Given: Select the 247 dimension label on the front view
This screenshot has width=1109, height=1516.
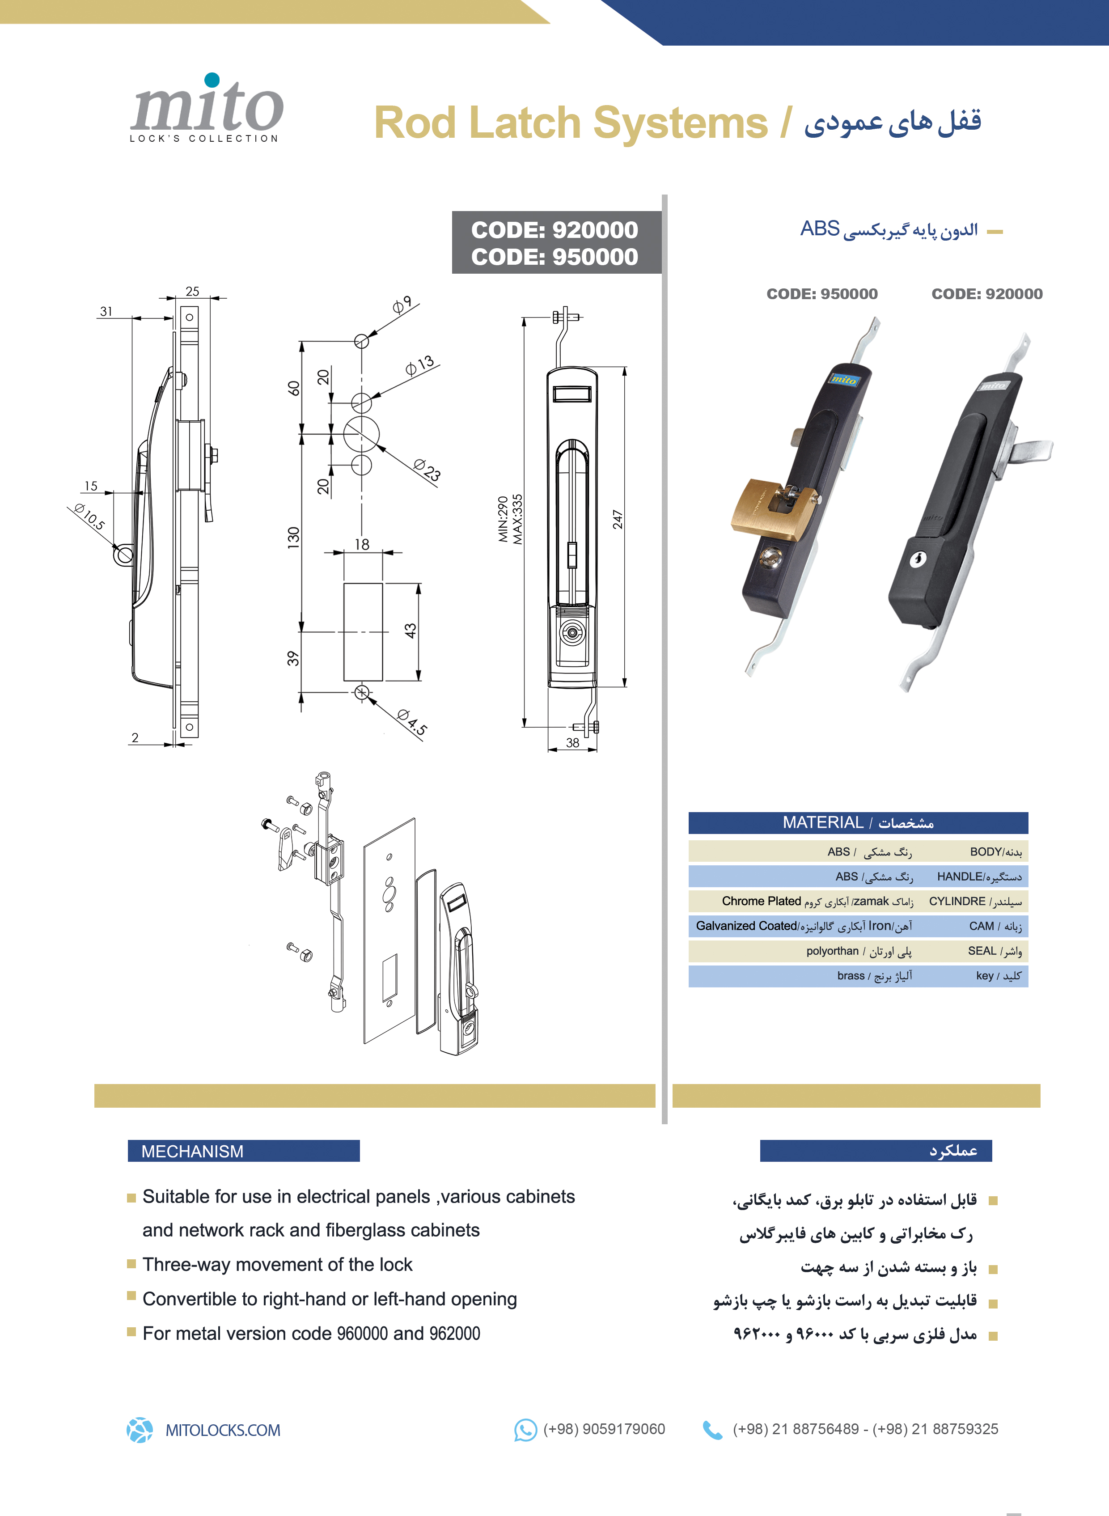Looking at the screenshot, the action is point(617,520).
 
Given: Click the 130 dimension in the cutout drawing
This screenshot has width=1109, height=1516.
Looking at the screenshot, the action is point(293,538).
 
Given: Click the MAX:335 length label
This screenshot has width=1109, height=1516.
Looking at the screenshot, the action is point(517,519).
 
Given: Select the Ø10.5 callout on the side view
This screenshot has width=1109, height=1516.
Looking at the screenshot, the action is point(89,517).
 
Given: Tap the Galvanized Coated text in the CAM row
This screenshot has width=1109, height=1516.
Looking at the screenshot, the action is point(746,926).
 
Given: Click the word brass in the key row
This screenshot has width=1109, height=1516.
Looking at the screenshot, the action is point(851,975).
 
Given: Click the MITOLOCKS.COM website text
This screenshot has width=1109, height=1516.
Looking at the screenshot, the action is point(223,1430).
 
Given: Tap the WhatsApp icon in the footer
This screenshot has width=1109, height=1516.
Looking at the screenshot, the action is point(525,1430).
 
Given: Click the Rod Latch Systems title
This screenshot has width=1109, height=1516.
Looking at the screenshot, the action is point(571,123).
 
